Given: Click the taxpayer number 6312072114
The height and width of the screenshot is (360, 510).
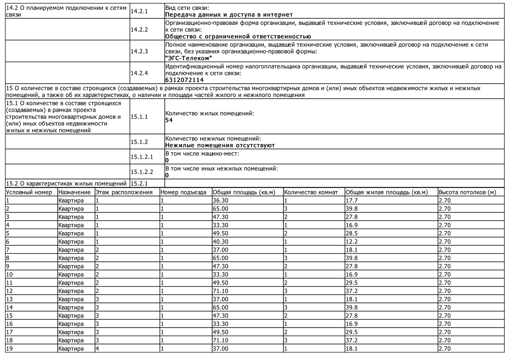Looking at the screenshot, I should pyautogui.click(x=184, y=80).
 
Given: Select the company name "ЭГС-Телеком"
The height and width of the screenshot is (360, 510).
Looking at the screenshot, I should pyautogui.click(x=189, y=58).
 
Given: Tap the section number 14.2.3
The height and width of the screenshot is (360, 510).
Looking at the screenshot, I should pyautogui.click(x=139, y=51).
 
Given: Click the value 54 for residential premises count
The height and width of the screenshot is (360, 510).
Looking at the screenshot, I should pyautogui.click(x=169, y=120).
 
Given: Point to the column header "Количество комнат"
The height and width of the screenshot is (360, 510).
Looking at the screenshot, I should pyautogui.click(x=311, y=192).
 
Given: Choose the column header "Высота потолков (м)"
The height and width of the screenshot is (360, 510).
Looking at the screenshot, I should pyautogui.click(x=467, y=192).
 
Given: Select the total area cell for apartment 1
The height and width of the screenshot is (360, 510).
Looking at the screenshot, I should pyautogui.click(x=220, y=201).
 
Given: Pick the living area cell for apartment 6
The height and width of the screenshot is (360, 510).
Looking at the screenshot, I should pyautogui.click(x=352, y=242).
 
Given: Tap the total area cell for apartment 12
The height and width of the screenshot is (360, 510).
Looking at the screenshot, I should pyautogui.click(x=220, y=291).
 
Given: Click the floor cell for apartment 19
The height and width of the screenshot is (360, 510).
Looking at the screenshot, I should pyautogui.click(x=97, y=349).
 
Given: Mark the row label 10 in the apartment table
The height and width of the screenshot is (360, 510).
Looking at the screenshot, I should pyautogui.click(x=10, y=275).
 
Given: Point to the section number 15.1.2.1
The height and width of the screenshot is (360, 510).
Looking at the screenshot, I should pyautogui.click(x=142, y=157).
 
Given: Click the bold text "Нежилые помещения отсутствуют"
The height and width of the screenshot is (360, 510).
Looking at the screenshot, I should pyautogui.click(x=220, y=145).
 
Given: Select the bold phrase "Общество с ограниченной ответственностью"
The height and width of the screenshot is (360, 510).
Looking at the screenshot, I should pyautogui.click(x=238, y=37).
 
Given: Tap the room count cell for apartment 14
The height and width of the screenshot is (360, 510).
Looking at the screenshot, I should pyautogui.click(x=286, y=307).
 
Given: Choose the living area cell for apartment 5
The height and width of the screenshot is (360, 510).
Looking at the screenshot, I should pyautogui.click(x=352, y=233).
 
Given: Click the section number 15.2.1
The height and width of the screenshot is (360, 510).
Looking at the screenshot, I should pyautogui.click(x=139, y=184).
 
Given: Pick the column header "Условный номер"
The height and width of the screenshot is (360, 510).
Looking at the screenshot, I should pyautogui.click(x=29, y=192).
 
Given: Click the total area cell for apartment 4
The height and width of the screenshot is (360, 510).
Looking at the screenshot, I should pyautogui.click(x=220, y=225).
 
